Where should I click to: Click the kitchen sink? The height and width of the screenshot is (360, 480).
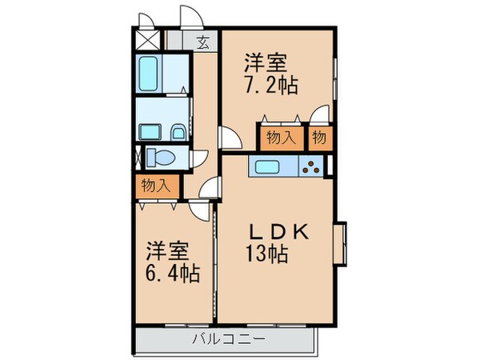pyautogui.click(x=267, y=167)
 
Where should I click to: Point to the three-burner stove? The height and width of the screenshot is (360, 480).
pyautogui.click(x=311, y=167)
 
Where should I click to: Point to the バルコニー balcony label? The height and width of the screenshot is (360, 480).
pyautogui.click(x=228, y=339)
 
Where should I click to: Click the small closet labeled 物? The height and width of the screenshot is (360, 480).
pyautogui.click(x=319, y=137)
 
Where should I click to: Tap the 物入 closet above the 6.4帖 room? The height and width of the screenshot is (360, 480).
pyautogui.click(x=156, y=186)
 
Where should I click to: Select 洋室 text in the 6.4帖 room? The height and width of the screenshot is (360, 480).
pyautogui.click(x=166, y=250)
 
